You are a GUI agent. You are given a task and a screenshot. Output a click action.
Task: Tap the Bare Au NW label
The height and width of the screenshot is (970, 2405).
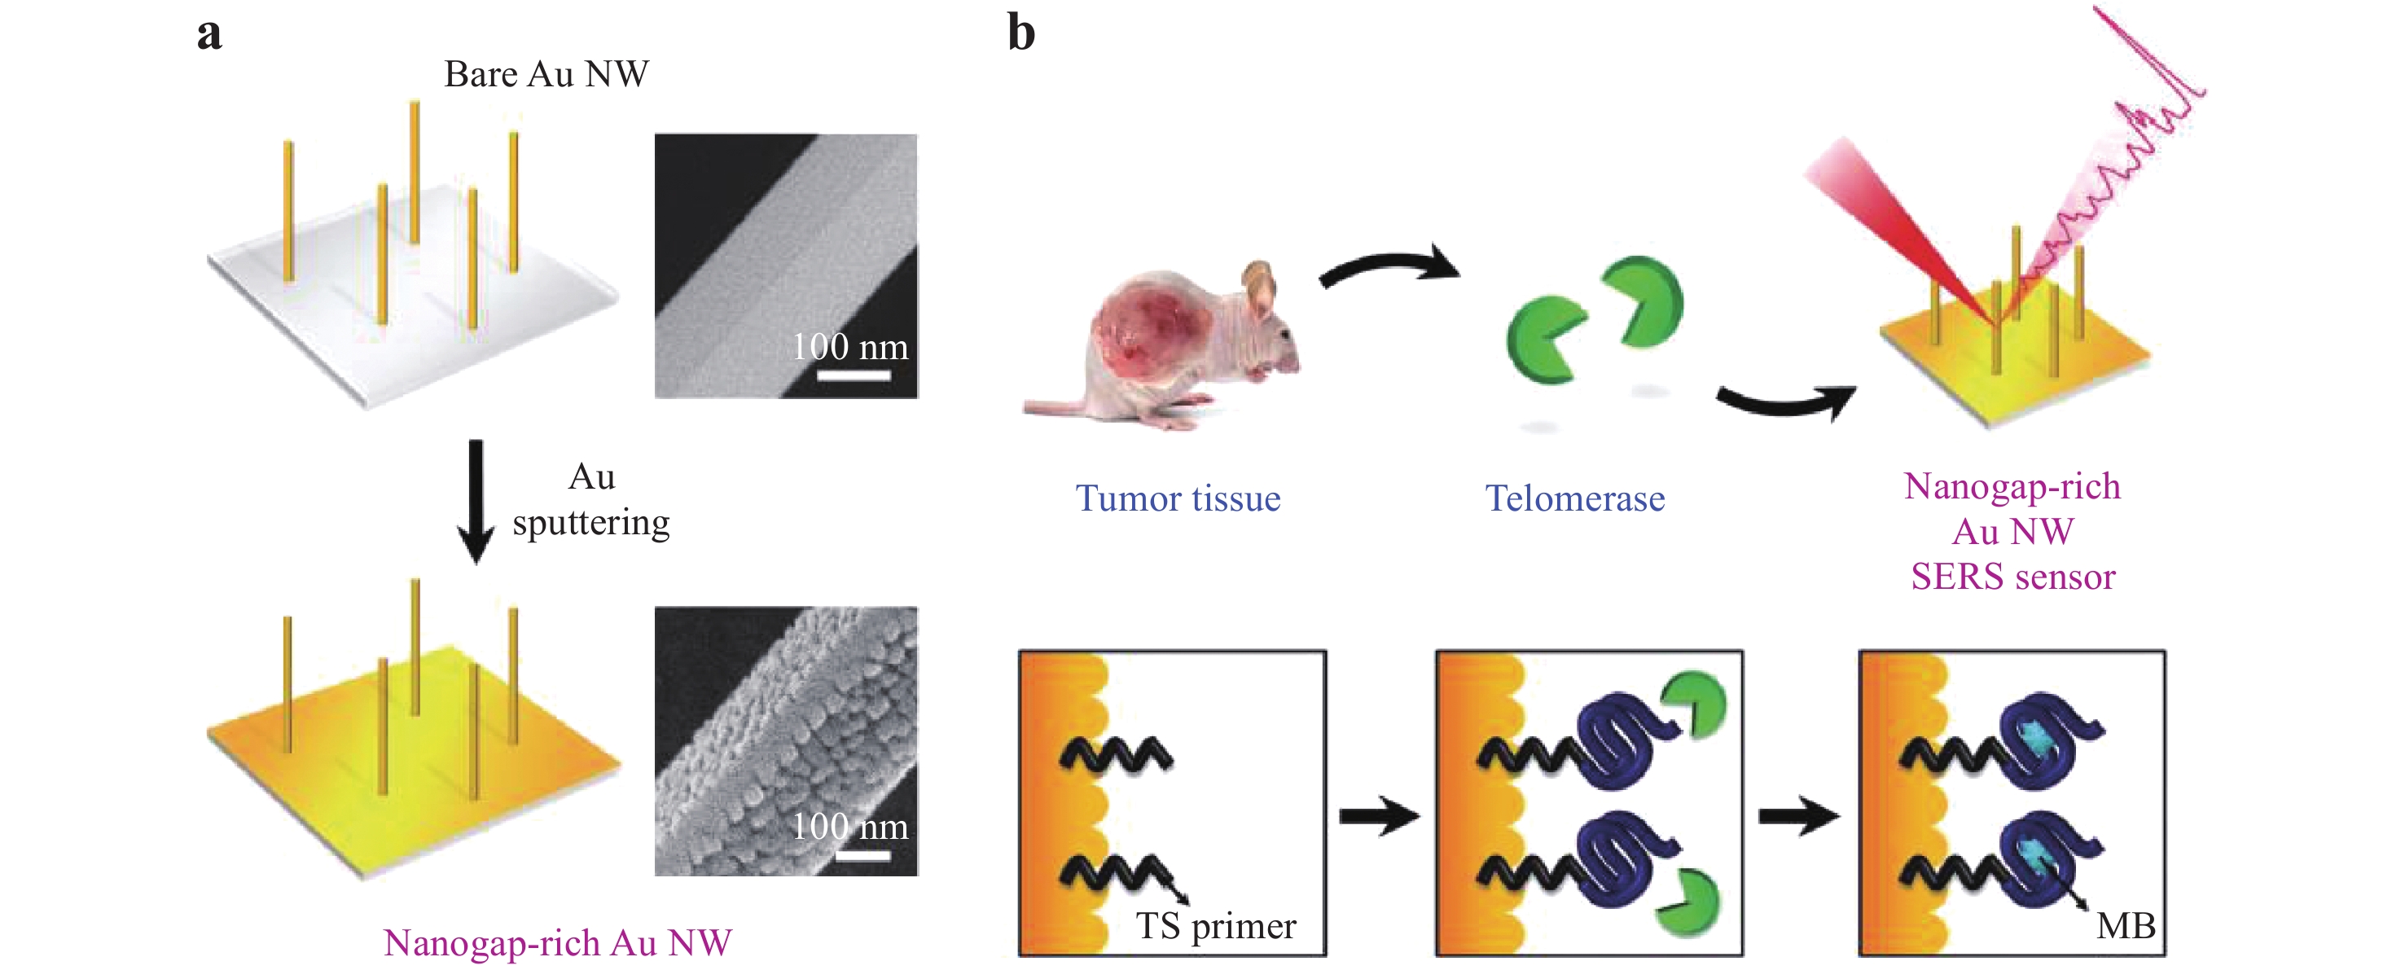click(546, 75)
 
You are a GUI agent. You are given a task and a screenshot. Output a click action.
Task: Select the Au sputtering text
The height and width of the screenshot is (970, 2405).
click(591, 500)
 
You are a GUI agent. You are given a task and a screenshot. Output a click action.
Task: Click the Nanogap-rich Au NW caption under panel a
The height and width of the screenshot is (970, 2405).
click(557, 943)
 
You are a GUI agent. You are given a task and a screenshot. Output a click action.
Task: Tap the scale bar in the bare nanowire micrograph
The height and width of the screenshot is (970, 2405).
click(854, 375)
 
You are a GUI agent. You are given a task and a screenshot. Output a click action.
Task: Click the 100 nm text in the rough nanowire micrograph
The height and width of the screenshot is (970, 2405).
click(849, 826)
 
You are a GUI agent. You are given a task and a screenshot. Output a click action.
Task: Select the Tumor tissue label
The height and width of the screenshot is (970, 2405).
click(1178, 498)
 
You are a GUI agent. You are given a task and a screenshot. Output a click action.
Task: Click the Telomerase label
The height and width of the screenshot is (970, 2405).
click(1575, 498)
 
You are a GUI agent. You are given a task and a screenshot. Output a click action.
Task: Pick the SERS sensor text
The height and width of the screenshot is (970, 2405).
click(2013, 577)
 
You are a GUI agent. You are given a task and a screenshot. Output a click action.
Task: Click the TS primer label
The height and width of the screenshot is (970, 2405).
click(1216, 926)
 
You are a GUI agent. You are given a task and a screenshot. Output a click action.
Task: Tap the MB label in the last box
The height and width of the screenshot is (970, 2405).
click(2126, 926)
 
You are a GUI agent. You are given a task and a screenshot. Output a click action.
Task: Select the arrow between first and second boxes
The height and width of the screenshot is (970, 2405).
click(1379, 817)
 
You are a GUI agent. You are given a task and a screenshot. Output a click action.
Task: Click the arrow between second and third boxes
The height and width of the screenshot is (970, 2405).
click(1798, 817)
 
